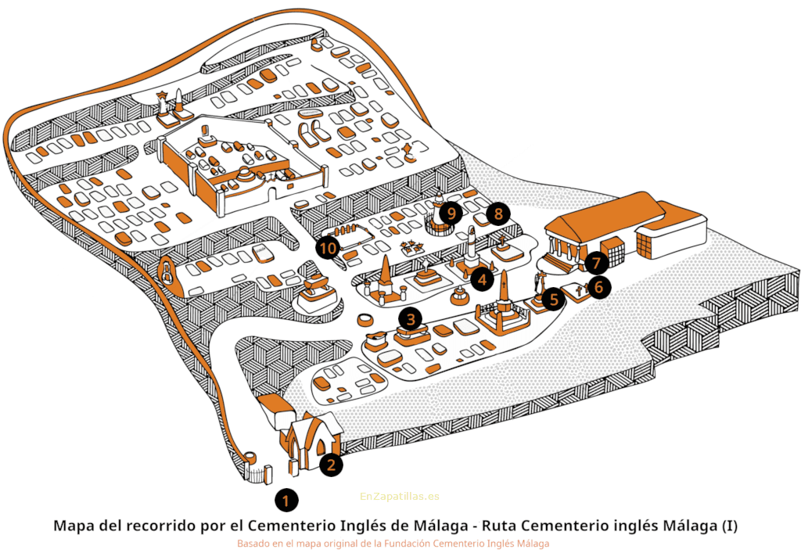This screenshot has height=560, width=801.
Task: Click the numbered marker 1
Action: click(286, 498)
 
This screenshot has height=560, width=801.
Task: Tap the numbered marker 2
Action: click(331, 464)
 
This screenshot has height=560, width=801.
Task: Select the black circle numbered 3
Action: click(410, 318)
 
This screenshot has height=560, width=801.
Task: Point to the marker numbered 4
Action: click(482, 278)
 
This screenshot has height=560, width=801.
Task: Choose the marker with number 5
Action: click(553, 298)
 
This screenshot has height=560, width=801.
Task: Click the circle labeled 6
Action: click(598, 287)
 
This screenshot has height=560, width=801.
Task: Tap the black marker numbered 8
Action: click(497, 213)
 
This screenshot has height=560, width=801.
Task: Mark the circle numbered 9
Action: click(450, 212)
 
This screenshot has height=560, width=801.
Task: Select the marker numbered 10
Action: click(329, 249)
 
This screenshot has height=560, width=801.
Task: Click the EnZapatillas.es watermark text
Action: click(400, 496)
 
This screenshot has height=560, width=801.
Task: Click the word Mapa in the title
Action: click(74, 526)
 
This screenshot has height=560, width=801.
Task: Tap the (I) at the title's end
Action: click(727, 526)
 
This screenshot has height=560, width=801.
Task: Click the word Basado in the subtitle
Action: click(254, 543)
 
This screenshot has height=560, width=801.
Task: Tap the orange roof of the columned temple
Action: click(602, 217)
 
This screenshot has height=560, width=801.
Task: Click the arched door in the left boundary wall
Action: click(167, 272)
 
